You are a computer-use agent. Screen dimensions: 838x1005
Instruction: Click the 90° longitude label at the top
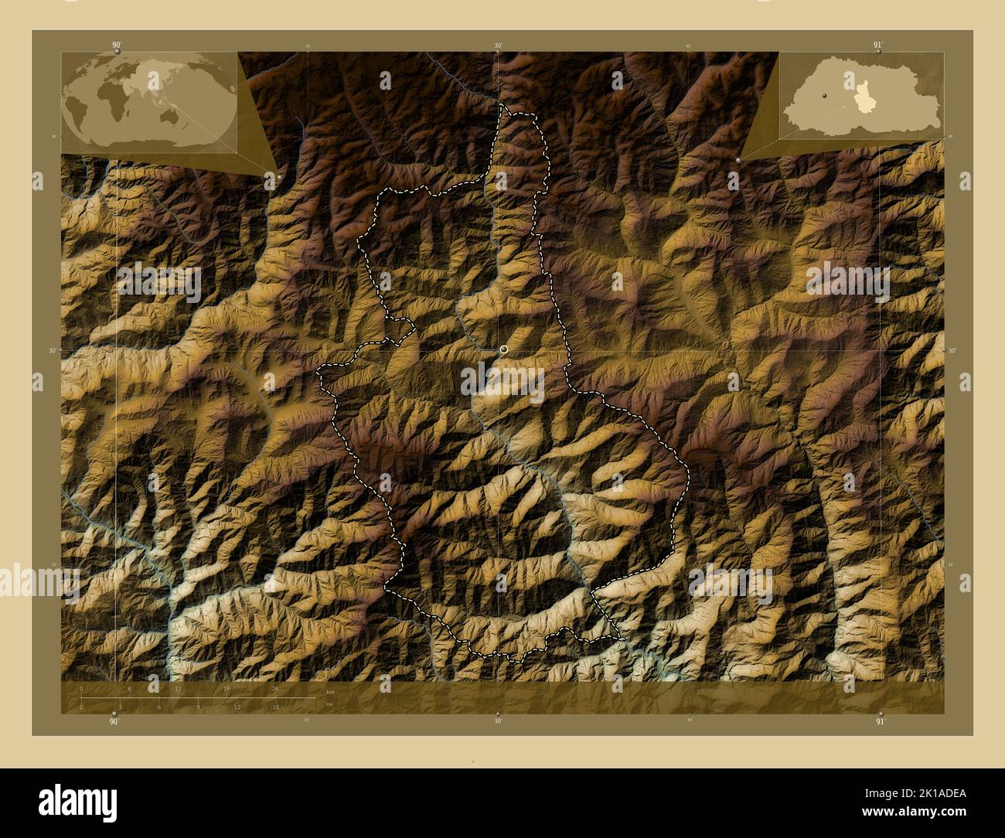(116, 46)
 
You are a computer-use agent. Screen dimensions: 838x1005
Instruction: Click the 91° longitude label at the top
(877, 46)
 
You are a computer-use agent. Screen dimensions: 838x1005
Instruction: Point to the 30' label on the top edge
(499, 46)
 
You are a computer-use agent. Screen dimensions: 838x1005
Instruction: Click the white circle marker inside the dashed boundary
(504, 350)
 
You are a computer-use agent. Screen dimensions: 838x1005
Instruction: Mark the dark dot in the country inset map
(825, 95)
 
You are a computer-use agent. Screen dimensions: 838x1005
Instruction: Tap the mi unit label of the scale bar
(329, 704)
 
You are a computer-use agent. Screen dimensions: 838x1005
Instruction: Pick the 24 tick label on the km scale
(274, 688)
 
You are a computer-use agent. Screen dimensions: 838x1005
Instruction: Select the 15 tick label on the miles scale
(275, 707)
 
